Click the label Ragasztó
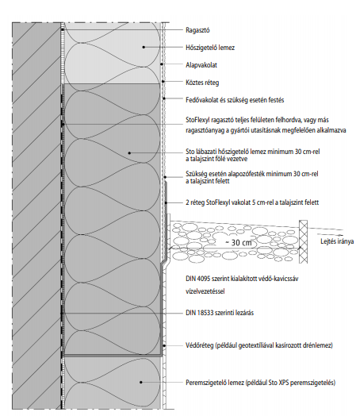[x=197, y=30]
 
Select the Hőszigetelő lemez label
[x=210, y=48]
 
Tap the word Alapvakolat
[x=201, y=65]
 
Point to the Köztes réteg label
[x=202, y=83]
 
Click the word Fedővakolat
[x=201, y=100]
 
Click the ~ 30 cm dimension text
[x=238, y=243]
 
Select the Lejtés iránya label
[x=337, y=241]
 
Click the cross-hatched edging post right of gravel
[x=304, y=241]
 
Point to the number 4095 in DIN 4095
[x=202, y=279]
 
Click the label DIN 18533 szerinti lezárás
[x=220, y=313]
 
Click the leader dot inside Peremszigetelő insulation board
[x=141, y=383]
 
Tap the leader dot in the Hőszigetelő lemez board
[x=144, y=47]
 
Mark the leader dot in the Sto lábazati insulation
[x=129, y=152]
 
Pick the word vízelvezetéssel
[x=205, y=291]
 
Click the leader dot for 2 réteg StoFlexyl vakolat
[x=166, y=203]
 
